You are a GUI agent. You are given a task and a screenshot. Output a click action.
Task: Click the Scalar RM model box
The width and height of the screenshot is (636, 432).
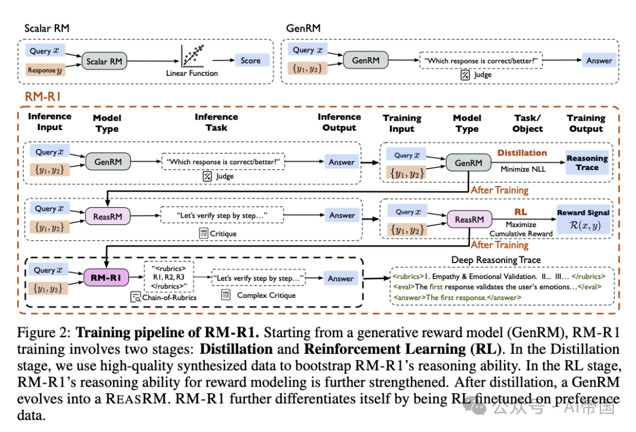(x=104, y=61)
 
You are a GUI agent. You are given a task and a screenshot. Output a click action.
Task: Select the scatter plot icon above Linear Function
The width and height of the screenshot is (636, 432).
(x=192, y=56)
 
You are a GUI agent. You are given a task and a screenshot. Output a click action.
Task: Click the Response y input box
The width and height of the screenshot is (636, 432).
(x=45, y=70)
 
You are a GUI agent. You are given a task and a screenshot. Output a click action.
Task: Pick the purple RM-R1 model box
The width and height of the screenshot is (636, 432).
(x=105, y=278)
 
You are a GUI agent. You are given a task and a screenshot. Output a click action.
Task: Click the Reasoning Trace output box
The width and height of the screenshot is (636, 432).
(x=587, y=163)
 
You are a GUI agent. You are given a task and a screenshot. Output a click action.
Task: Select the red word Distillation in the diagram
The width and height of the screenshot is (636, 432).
(x=522, y=153)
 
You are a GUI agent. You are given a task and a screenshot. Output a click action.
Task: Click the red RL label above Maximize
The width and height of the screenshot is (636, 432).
(x=521, y=212)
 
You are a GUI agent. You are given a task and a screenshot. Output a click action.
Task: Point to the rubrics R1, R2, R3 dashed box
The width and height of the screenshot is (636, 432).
(x=169, y=277)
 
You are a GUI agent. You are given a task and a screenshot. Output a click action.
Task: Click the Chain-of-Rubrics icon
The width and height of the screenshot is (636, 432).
(x=135, y=297)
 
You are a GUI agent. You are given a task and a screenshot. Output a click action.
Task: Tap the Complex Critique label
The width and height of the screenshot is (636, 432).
(x=266, y=295)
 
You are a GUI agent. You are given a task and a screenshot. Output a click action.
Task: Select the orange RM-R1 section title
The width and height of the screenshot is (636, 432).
(x=42, y=97)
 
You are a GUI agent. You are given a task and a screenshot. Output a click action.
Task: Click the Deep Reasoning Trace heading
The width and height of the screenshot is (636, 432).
(x=496, y=260)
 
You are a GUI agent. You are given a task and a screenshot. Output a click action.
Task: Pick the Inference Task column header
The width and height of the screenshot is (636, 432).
(x=216, y=122)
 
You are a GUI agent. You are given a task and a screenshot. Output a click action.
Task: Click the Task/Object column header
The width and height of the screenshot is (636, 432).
(x=527, y=123)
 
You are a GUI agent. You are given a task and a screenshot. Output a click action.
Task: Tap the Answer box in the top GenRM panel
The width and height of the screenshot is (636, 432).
(x=599, y=61)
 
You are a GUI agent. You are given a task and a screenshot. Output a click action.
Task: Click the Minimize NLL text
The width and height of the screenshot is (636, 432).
(x=523, y=169)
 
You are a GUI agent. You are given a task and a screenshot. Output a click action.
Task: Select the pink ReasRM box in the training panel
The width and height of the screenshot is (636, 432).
(x=469, y=220)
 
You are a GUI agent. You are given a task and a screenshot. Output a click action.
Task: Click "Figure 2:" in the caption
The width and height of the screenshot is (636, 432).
(x=44, y=333)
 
